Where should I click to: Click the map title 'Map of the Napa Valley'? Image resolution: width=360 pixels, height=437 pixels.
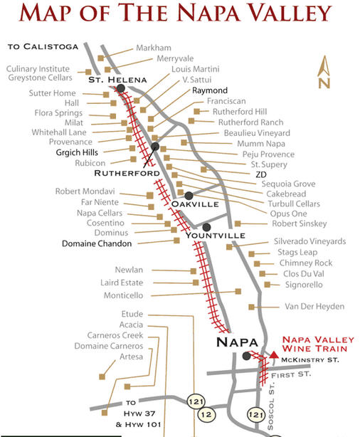tap(179, 14)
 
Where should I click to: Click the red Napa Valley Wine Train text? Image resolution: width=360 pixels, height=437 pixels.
tap(314, 344)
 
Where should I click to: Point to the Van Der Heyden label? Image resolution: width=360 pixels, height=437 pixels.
tap(313, 307)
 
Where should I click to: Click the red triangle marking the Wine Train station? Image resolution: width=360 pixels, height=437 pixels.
tap(274, 354)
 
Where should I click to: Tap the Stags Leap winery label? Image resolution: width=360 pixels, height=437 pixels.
tap(292, 252)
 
